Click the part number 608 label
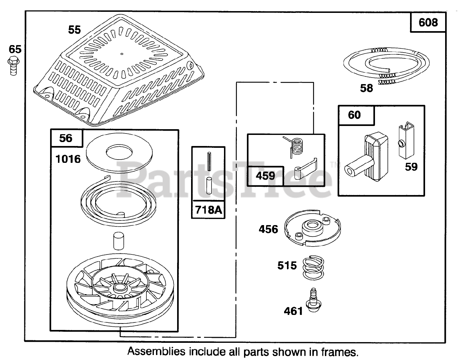point(428,23)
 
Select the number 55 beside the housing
point(74,30)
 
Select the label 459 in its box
point(265,176)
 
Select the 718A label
point(208,210)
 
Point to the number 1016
point(68,159)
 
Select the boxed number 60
point(354,115)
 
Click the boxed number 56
point(66,138)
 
